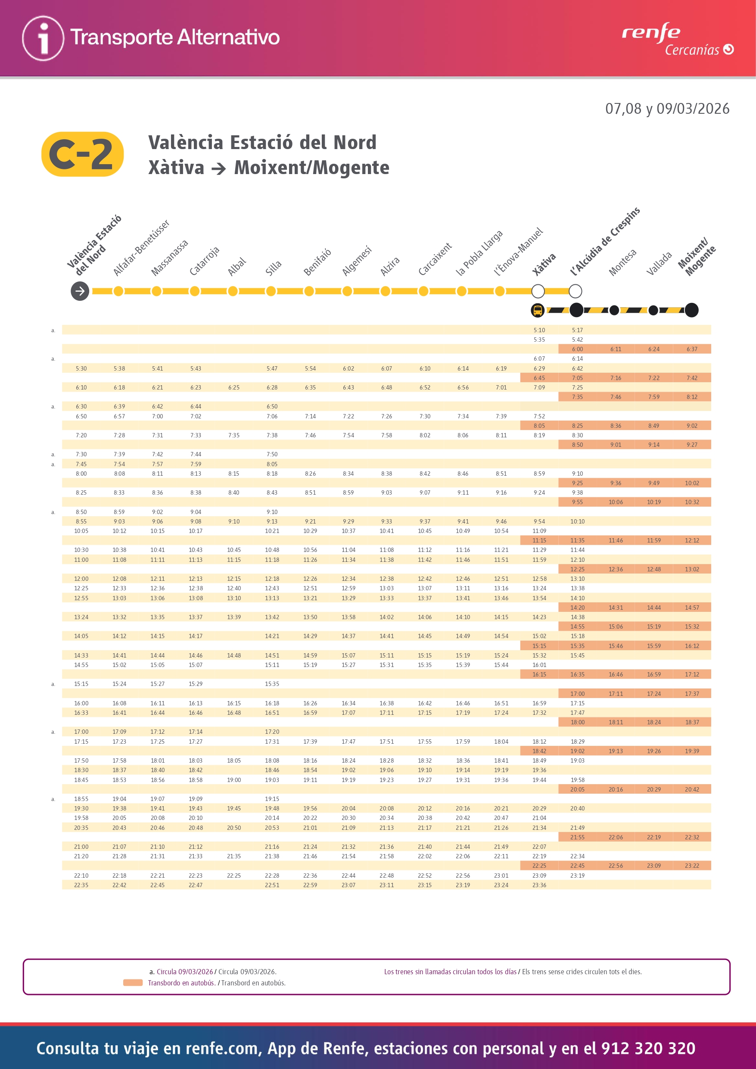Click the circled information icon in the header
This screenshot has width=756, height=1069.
click(43, 38)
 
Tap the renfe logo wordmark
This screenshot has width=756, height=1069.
click(651, 32)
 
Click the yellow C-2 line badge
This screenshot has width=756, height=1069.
click(82, 154)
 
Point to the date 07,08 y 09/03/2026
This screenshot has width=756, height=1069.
click(667, 109)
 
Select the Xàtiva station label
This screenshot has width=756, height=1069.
click(544, 265)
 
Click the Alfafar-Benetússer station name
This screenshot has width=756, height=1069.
click(141, 248)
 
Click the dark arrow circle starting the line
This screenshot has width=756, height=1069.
click(80, 291)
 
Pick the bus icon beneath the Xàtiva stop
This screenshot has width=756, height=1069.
click(538, 310)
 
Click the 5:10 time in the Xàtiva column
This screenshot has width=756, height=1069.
click(539, 330)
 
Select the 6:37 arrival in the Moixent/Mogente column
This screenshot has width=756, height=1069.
click(692, 349)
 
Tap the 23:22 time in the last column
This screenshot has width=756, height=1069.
click(692, 866)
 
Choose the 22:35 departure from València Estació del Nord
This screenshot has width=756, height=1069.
click(81, 885)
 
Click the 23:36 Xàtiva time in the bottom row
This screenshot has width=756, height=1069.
click(539, 885)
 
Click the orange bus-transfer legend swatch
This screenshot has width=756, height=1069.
click(133, 982)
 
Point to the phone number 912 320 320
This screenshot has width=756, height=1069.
click(648, 1048)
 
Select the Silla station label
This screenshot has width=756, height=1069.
click(273, 268)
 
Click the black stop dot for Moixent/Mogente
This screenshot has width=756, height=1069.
click(691, 310)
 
